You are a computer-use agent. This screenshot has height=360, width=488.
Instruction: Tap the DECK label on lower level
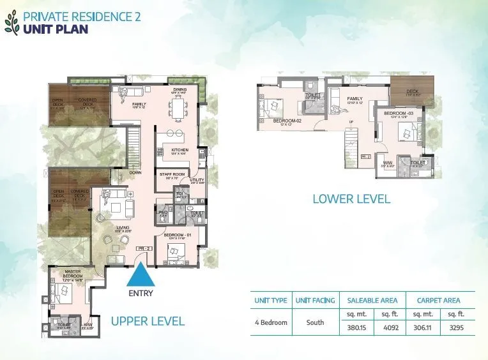point(412,92)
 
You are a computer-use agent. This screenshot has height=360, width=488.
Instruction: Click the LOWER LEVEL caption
point(351,199)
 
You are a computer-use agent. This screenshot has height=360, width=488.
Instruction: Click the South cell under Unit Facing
point(314,323)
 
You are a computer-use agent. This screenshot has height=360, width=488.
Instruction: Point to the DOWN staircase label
point(135,172)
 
